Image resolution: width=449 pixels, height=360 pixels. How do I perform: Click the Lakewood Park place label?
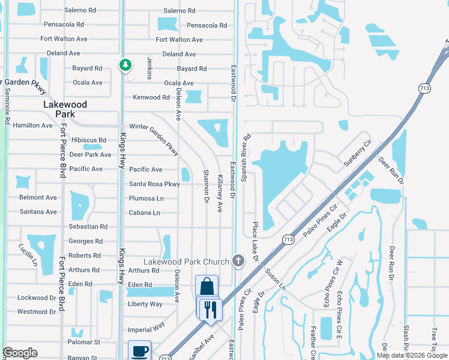[x=65, y=109]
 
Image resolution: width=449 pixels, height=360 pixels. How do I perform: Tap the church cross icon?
[x=238, y=261]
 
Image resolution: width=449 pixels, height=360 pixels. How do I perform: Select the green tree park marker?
[x=125, y=65]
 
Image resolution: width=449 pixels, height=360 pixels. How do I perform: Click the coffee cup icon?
[x=140, y=351]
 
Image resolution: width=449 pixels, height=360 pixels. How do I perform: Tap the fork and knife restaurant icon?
[x=210, y=310]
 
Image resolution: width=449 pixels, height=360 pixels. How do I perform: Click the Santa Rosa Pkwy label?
[x=154, y=184]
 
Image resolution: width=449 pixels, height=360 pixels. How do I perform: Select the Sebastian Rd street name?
[x=88, y=227]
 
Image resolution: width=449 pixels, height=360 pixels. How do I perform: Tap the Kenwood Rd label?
[x=151, y=97]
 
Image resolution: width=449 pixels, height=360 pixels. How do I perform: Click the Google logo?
[x=20, y=353]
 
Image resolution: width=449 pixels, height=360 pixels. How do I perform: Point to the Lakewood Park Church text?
[x=186, y=262]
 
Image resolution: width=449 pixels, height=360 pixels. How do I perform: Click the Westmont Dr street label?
[x=36, y=311]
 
